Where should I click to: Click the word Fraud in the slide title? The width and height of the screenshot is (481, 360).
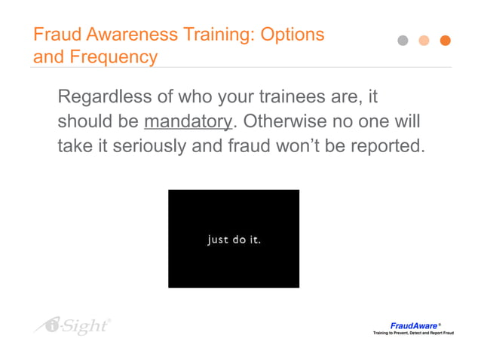(54, 35)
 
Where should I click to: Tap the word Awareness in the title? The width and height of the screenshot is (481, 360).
(123, 35)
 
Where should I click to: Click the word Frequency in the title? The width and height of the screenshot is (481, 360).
(115, 56)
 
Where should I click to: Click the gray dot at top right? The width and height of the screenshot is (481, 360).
(403, 41)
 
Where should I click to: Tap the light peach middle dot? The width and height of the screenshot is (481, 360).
(424, 41)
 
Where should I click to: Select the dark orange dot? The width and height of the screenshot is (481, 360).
(445, 41)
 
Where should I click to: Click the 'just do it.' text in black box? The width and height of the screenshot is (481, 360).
(234, 240)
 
